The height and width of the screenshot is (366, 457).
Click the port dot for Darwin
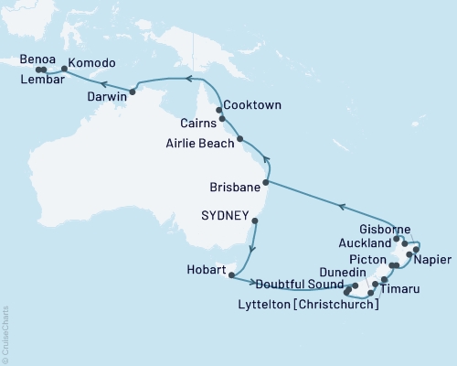pos(133,91)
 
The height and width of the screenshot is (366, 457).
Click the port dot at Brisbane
pos(266,183)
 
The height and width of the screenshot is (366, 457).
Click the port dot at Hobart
pos(233,273)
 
